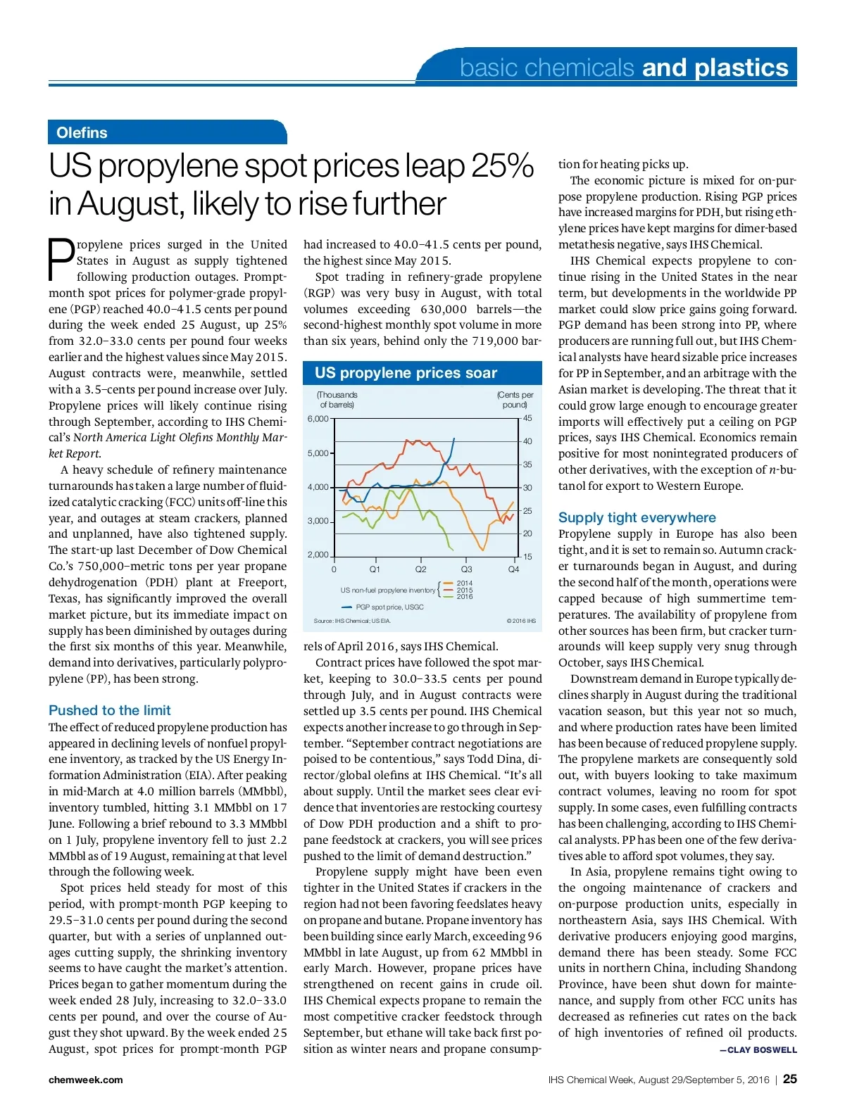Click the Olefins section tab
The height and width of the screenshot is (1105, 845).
tap(82, 132)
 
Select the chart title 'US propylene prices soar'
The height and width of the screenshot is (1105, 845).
tap(406, 373)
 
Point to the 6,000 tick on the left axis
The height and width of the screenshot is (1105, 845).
tap(318, 419)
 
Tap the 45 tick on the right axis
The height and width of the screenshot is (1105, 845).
tap(527, 418)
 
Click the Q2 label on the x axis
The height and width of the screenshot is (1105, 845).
tap(420, 569)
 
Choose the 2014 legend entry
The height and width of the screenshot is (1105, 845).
tap(464, 583)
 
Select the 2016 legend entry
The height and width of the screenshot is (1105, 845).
tap(464, 597)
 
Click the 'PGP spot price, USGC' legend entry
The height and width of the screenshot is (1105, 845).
tap(389, 607)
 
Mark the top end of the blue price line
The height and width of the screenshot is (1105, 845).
tap(453, 439)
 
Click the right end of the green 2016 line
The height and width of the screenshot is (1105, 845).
tap(453, 550)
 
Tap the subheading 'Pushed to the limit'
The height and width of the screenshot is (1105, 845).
tap(110, 710)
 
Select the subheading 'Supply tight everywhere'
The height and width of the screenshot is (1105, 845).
tap(637, 517)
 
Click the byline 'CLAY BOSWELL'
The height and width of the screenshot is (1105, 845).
tap(762, 1049)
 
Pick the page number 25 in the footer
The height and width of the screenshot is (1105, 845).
tap(789, 1079)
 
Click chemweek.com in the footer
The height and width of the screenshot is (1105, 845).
tap(85, 1080)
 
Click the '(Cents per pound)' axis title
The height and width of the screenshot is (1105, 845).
tap(515, 400)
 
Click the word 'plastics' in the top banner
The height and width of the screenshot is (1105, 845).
tap(741, 68)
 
